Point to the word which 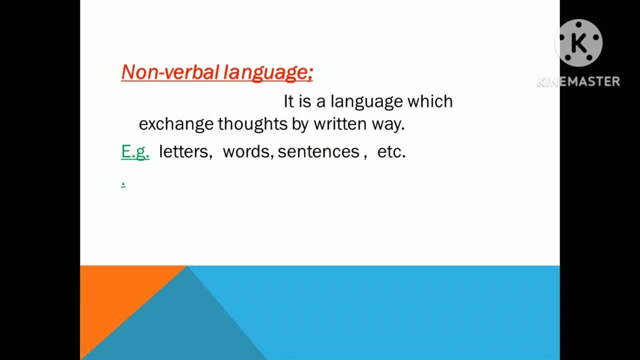click(x=430, y=101)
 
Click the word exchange click(x=176, y=124)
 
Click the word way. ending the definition click(x=387, y=124)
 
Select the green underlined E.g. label click(x=135, y=151)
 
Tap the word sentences click(x=318, y=151)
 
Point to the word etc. click(x=391, y=151)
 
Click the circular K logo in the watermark click(x=578, y=43)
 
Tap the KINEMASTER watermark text click(x=578, y=81)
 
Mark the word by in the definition click(x=300, y=124)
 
